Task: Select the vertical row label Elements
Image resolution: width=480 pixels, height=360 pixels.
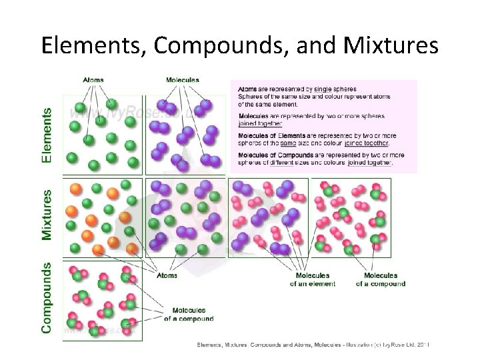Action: point(47,135)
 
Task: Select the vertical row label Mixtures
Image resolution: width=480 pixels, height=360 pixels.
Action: point(47,215)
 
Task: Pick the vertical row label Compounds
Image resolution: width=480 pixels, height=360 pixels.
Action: point(47,297)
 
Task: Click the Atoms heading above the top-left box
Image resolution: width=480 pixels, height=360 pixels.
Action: point(93,80)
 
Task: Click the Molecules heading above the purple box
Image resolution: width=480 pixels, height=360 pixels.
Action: point(182,80)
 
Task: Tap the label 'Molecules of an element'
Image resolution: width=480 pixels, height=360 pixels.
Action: point(312,279)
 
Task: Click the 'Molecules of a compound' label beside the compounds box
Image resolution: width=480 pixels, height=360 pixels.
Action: point(189,314)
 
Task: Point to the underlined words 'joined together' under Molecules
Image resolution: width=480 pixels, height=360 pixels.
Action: point(260,123)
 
